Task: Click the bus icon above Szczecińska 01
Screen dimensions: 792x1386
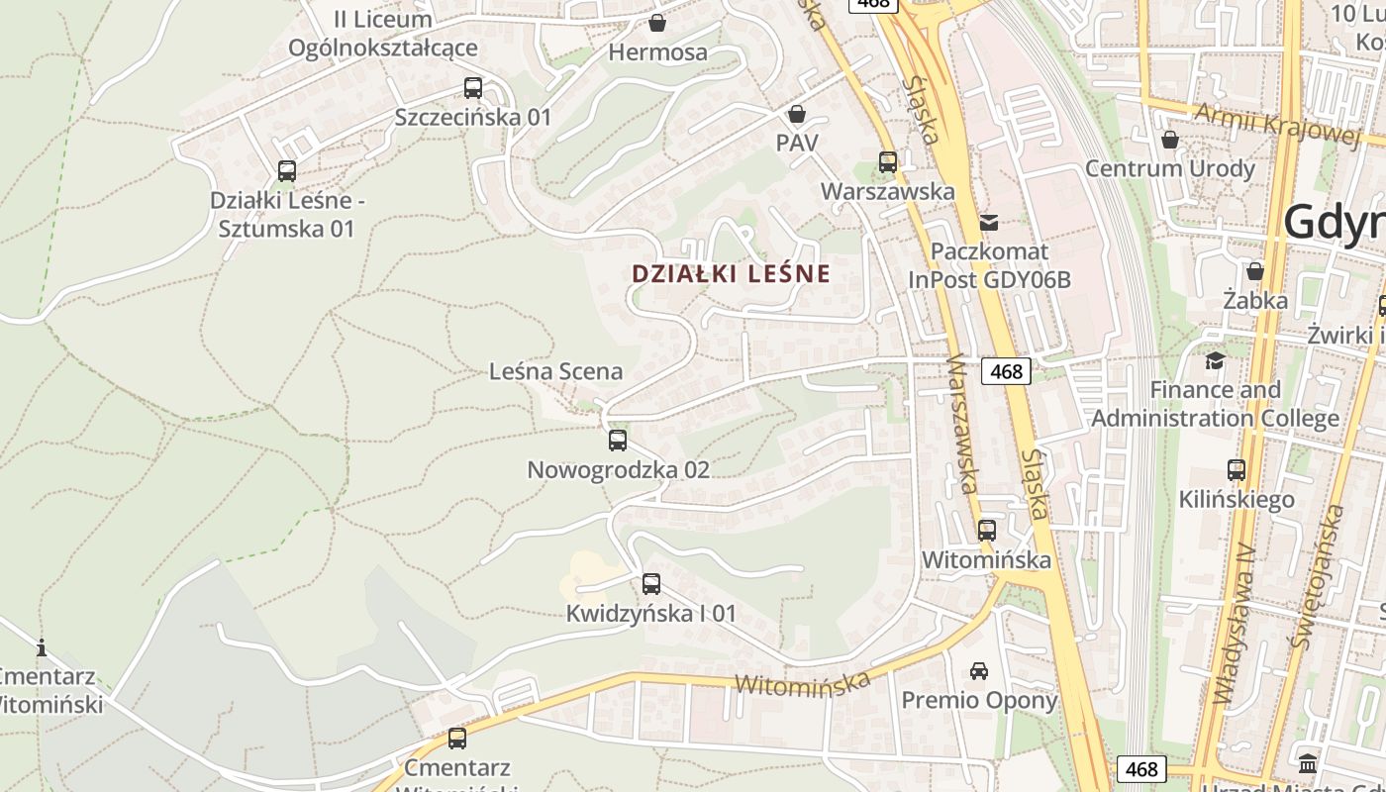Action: click(473, 87)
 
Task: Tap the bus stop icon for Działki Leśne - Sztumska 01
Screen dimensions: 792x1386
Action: click(287, 170)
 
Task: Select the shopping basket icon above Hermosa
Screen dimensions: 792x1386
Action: click(657, 22)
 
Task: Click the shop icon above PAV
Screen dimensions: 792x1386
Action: click(797, 114)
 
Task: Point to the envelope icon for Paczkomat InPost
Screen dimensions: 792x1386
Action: click(989, 222)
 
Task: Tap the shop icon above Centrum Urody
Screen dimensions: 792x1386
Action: click(1170, 139)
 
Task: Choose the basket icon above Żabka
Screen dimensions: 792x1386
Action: click(1255, 270)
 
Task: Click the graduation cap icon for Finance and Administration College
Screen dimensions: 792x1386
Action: click(1215, 360)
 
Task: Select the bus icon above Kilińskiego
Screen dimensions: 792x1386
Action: click(1237, 469)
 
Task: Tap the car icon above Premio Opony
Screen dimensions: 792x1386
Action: click(979, 670)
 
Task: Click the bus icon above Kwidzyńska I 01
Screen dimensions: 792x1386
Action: click(650, 583)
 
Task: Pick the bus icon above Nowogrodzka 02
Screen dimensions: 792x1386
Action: click(618, 440)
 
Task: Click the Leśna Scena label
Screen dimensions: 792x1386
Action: click(556, 371)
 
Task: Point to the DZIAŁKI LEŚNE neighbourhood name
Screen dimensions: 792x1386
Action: click(732, 273)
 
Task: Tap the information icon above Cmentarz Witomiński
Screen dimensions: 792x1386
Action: click(42, 648)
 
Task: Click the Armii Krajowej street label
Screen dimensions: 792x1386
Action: click(1276, 123)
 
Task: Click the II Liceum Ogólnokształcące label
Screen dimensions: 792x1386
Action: click(383, 33)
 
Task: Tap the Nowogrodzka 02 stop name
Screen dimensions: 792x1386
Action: click(618, 469)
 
